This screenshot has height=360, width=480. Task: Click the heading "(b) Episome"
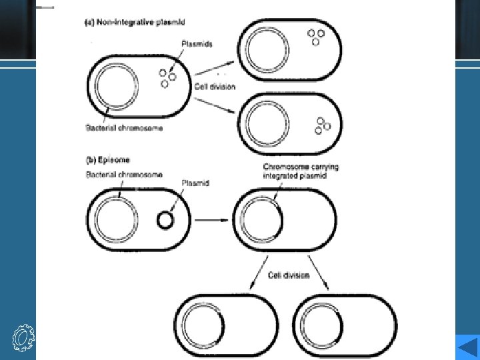(x=109, y=160)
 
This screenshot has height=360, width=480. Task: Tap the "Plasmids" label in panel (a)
(x=197, y=45)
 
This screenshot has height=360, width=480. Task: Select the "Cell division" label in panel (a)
(x=215, y=87)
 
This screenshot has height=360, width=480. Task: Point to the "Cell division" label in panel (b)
(x=289, y=275)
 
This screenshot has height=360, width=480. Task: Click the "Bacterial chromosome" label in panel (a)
(x=124, y=127)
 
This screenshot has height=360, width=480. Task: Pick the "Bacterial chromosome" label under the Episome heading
(x=124, y=175)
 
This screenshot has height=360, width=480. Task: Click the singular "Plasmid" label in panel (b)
(x=195, y=183)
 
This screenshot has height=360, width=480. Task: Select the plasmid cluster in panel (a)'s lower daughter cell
(x=323, y=125)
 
